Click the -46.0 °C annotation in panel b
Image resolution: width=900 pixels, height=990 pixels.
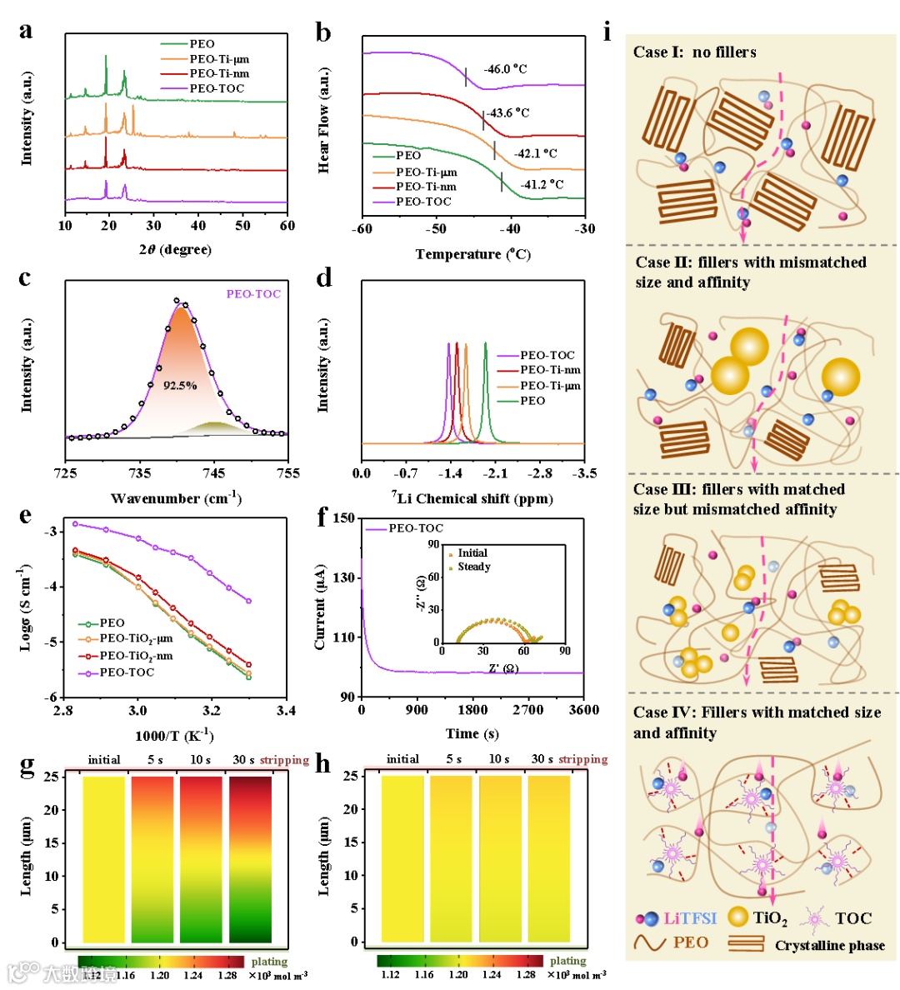coord(506,69)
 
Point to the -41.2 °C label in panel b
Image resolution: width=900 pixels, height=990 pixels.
coord(542,184)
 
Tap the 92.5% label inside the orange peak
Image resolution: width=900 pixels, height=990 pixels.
coord(180,386)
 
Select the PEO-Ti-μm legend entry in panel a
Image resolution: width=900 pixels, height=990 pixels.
coord(219,59)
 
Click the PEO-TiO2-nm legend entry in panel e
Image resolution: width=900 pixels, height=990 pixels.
coord(136,656)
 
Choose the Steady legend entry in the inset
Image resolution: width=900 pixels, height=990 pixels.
coord(473,567)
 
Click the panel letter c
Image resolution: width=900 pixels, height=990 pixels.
coord(26,278)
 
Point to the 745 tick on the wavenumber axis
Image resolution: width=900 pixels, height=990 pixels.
coord(214,474)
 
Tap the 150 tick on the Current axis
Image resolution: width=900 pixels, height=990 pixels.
coord(343,518)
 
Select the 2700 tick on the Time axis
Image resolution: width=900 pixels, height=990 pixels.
coord(528,710)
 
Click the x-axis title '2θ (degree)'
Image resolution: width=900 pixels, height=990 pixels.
coord(175,249)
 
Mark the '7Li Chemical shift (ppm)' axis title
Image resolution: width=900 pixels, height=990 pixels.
coord(472,498)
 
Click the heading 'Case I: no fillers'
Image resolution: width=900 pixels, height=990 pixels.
coord(694,52)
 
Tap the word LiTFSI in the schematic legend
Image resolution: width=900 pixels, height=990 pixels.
coord(690,918)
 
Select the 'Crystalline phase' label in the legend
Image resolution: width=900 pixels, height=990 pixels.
coord(829,945)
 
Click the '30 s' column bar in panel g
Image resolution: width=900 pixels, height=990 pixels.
coord(250,858)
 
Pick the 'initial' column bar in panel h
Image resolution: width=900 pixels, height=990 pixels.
coord(402,858)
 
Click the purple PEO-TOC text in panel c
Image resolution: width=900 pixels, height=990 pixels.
coord(253,294)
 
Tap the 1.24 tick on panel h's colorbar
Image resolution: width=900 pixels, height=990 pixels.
coord(492,974)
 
